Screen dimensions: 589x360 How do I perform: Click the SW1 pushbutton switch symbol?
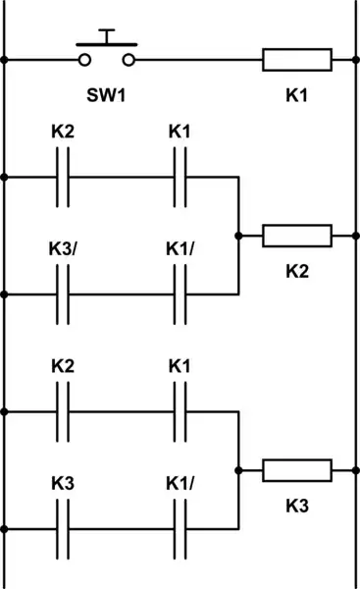point(107,55)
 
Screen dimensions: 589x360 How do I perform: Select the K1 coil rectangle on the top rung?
point(297,60)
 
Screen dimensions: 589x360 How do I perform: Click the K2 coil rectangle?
point(297,236)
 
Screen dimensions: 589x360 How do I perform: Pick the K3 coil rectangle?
point(297,470)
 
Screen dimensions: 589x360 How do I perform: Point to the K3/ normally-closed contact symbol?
point(64,293)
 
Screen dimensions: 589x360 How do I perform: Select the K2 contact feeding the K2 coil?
point(64,177)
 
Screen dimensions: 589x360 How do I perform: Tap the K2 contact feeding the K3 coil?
point(64,412)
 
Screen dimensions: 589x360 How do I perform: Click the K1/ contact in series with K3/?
point(180,293)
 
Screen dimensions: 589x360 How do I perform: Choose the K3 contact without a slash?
point(64,528)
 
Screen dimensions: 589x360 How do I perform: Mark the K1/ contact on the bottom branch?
point(180,528)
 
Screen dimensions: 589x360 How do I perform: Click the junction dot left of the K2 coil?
point(238,236)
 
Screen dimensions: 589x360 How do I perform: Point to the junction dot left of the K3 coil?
point(238,470)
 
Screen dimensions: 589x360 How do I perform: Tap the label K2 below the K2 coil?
point(297,272)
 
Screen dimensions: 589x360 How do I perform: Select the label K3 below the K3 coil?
point(297,507)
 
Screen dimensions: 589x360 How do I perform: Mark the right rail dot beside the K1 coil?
point(355,60)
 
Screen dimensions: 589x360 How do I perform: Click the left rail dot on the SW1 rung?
point(5,60)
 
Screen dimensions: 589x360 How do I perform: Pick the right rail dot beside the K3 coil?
point(355,470)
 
